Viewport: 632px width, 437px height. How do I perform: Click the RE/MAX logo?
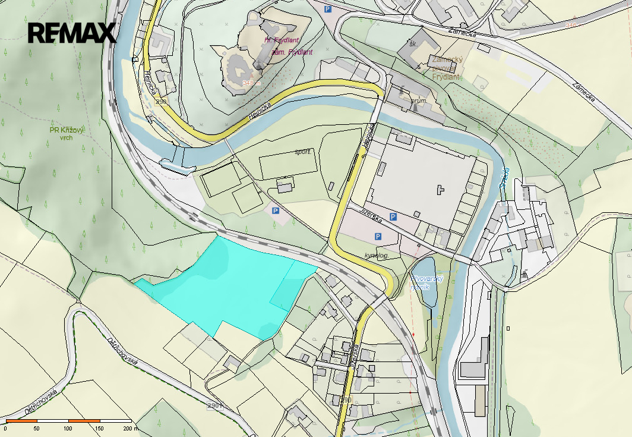click(72, 33)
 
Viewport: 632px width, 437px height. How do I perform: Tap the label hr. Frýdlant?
click(282, 40)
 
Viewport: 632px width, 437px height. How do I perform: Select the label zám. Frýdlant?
click(292, 52)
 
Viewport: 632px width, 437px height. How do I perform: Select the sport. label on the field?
click(303, 152)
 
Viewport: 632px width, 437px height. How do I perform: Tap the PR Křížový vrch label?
click(67, 133)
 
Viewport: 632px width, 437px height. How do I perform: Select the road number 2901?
click(215, 406)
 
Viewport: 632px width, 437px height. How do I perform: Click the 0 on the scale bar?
click(5, 428)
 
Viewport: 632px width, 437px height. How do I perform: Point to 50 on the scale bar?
click(36, 428)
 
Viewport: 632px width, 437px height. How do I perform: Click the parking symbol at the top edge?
click(327, 9)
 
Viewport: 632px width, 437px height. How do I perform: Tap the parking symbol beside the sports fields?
click(275, 211)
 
